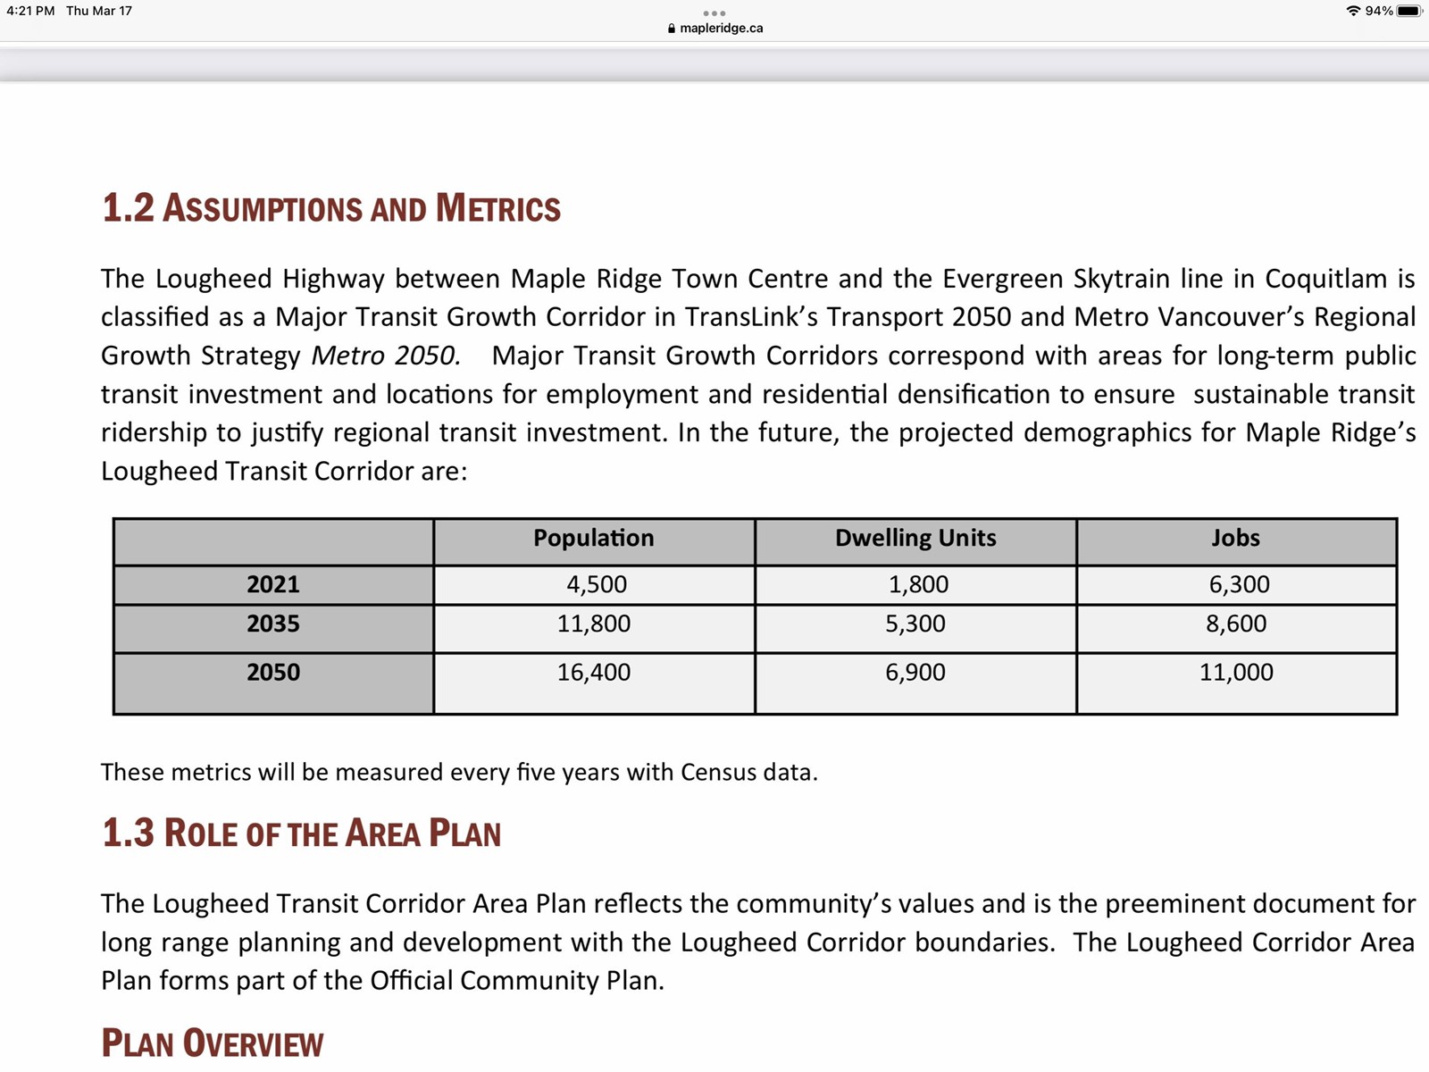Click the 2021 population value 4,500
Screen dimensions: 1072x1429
point(597,584)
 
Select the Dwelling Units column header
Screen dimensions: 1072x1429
point(915,538)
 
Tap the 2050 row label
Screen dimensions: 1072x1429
point(273,672)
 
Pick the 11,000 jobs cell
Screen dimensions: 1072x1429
point(1236,672)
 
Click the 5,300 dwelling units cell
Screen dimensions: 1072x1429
point(915,624)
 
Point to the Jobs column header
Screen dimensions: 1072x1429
point(1235,538)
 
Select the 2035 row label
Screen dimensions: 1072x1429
point(273,624)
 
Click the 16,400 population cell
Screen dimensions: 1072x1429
point(594,672)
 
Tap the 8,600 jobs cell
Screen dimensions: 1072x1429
point(1236,624)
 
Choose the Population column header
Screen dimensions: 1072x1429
point(594,538)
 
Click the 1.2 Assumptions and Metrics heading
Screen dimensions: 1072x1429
point(331,208)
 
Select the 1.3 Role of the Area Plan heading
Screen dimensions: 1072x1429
point(301,833)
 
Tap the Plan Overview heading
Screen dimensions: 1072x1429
point(213,1043)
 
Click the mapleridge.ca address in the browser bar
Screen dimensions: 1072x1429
point(721,28)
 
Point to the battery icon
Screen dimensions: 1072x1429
point(1408,11)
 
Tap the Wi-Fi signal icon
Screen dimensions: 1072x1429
point(1353,11)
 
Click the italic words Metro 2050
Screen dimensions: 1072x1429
point(386,356)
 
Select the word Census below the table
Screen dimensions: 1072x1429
point(716,772)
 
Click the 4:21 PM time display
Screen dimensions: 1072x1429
point(30,11)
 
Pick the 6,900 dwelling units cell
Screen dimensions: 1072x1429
point(915,672)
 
